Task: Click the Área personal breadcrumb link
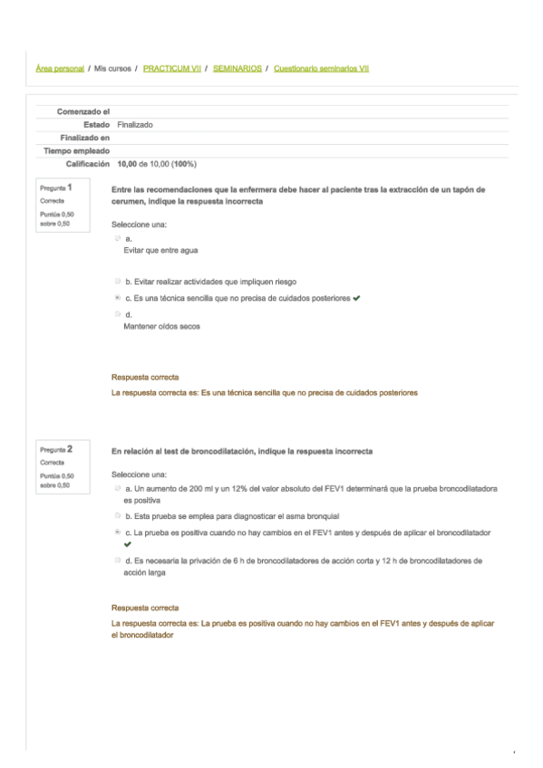[x=60, y=68]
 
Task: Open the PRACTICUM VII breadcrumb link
[x=172, y=68]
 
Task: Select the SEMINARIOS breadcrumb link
[x=238, y=68]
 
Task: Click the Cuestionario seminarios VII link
[x=321, y=68]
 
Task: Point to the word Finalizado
[x=135, y=124]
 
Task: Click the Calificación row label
[x=88, y=164]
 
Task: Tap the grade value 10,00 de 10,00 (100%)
[x=157, y=164]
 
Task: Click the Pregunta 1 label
[x=56, y=187]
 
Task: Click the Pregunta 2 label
[x=56, y=448]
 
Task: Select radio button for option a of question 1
[x=118, y=238]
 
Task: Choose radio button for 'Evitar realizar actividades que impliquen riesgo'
[x=118, y=282]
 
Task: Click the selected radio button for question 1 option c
[x=118, y=297]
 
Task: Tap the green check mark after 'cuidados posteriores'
[x=358, y=297]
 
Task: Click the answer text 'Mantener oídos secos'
[x=161, y=326]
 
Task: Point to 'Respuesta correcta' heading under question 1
[x=144, y=377]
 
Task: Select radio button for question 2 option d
[x=118, y=561]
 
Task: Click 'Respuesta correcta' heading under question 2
[x=144, y=608]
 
